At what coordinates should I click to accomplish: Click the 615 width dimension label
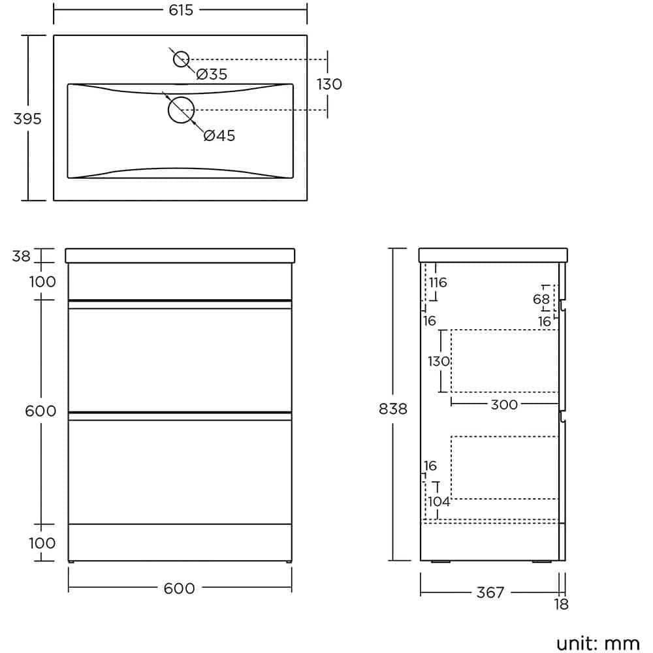coord(180,10)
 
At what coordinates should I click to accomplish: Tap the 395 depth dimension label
coord(27,119)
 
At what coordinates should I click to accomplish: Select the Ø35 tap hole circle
coord(181,59)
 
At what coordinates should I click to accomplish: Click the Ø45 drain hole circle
coord(181,110)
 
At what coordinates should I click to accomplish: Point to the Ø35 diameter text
coord(212,74)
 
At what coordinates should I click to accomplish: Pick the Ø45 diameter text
coord(219,136)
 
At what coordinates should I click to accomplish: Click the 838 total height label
coord(392,409)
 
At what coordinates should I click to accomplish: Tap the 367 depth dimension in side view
coord(490,592)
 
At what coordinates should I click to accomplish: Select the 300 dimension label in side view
coord(503,405)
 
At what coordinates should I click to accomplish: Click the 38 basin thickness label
coord(21,256)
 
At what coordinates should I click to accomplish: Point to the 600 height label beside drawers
coord(40,411)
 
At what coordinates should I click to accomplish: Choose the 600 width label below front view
coord(180,588)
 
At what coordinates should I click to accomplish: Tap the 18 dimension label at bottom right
coord(561,605)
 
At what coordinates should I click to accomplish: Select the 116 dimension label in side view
coord(438,283)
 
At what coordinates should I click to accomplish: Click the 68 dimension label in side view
coord(541,299)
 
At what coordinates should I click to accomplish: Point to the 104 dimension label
coord(439,502)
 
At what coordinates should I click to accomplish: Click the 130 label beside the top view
coord(329,84)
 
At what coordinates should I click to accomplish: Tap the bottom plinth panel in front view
coord(180,541)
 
